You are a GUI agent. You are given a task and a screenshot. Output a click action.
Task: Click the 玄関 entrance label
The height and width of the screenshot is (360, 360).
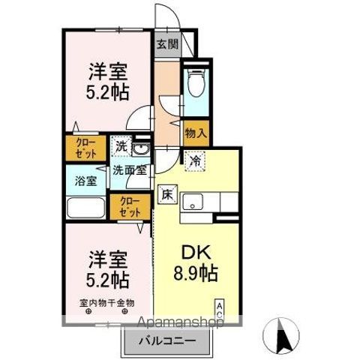click(x=167, y=44)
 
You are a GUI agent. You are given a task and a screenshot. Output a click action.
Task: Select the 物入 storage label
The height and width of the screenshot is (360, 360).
click(x=196, y=133)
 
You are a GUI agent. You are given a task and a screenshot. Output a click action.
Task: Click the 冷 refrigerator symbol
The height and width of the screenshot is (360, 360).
click(x=194, y=160)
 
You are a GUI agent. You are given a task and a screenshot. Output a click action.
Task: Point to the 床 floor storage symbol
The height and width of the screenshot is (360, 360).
click(x=167, y=193)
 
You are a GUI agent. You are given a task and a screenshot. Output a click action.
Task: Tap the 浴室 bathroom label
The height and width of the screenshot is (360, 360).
click(x=85, y=181)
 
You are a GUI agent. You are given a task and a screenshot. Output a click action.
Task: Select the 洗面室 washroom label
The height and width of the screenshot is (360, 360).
click(x=129, y=169)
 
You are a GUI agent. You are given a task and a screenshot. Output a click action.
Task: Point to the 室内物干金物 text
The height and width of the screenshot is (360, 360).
click(x=106, y=302)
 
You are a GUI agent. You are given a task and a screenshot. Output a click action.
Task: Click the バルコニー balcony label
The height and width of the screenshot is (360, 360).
click(x=166, y=341)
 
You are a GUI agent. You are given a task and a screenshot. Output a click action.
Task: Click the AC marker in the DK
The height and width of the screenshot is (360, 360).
click(x=220, y=309)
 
